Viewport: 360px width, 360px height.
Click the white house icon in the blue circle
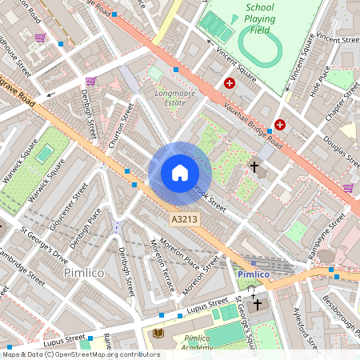[x=180, y=173]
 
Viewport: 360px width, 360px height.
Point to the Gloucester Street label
[x=69, y=206]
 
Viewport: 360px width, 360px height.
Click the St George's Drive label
[x=44, y=246]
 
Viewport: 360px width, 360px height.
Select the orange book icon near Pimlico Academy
[x=158, y=332]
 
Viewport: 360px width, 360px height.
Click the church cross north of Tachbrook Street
[x=255, y=167]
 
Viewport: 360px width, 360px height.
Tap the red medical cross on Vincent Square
[x=230, y=82]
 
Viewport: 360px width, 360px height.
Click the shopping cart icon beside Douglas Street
[x=348, y=188]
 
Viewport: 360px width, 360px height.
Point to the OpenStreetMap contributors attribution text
[x=80, y=354]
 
